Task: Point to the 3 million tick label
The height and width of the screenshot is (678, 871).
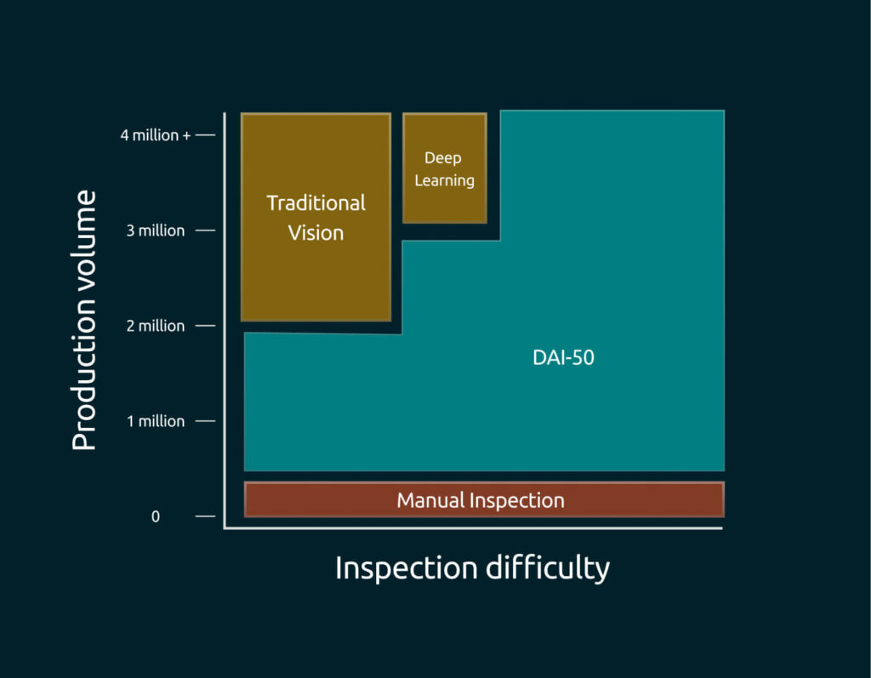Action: (156, 231)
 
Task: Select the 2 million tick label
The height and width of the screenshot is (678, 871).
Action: (156, 326)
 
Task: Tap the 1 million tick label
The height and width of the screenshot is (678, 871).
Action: (156, 421)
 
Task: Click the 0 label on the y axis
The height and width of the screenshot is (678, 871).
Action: (156, 516)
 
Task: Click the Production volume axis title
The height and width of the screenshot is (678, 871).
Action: (84, 321)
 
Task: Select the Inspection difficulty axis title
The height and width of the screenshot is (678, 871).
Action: (472, 567)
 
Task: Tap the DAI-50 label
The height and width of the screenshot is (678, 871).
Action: (563, 358)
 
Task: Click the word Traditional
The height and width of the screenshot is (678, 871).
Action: (316, 203)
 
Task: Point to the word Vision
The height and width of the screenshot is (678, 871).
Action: (316, 232)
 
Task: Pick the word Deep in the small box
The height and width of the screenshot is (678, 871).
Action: (443, 158)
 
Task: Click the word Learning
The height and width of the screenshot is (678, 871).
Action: (444, 180)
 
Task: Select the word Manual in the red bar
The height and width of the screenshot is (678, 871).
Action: (432, 500)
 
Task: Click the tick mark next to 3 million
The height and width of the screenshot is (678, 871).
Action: (206, 231)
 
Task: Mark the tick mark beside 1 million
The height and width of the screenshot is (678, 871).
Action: (206, 421)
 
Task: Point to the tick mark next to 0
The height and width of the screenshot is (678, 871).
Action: (206, 516)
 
